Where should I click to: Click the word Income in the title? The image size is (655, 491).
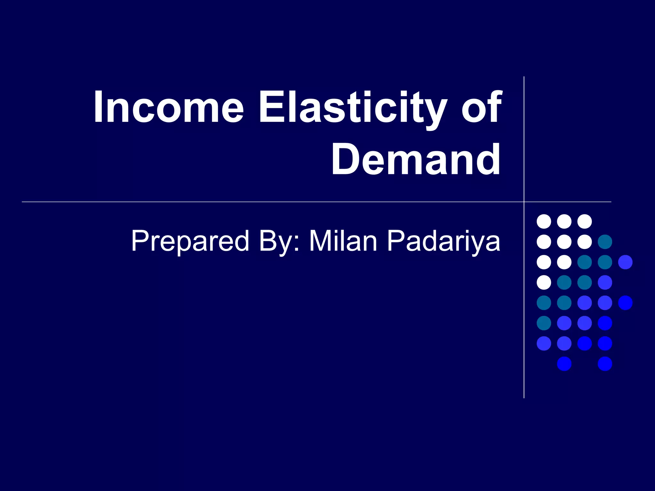point(169,107)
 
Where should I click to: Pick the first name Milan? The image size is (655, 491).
point(343,241)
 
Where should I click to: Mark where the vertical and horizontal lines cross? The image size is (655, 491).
point(524,202)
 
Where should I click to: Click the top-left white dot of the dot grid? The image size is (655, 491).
point(544,222)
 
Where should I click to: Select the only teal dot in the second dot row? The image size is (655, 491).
point(605,242)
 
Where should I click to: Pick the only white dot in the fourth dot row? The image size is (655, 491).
point(544,282)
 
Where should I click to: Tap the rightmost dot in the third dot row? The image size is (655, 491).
point(625,262)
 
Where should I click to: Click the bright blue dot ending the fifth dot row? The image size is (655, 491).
point(625,303)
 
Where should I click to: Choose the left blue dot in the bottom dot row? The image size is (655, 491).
point(564,364)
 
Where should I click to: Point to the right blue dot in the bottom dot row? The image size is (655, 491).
point(605,364)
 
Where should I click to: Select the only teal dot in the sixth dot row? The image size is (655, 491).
point(544,323)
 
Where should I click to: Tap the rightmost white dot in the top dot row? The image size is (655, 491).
point(585,222)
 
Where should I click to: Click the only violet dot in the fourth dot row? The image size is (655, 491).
point(605,282)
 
